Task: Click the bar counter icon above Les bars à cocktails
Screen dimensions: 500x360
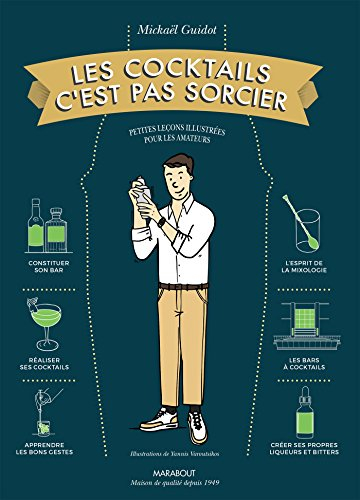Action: (x=314, y=318)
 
